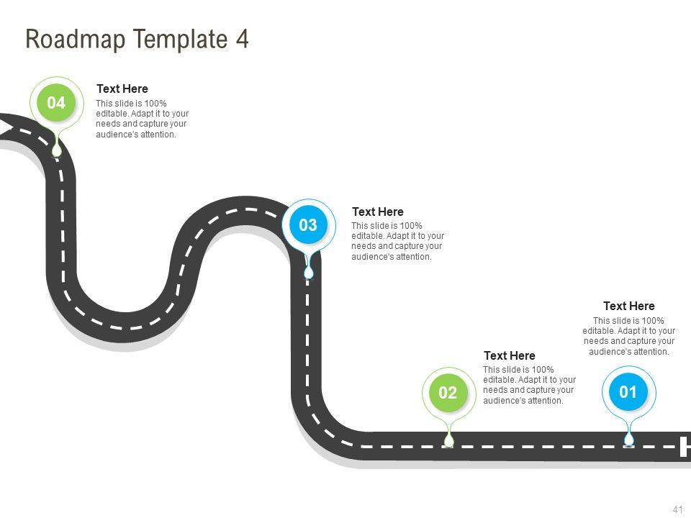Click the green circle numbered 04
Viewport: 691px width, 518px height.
point(56,104)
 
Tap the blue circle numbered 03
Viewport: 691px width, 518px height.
point(308,225)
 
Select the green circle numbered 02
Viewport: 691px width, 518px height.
point(448,393)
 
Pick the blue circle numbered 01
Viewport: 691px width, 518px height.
point(628,392)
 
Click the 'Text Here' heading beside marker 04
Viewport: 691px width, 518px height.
point(122,89)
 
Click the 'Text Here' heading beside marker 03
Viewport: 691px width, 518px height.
point(377,212)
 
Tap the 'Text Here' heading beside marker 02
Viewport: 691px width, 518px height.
point(509,356)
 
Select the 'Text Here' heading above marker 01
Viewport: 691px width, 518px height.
point(628,306)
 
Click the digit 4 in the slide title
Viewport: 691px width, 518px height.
point(243,39)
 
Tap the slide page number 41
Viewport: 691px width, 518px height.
point(677,509)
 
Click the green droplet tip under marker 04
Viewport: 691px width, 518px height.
point(57,150)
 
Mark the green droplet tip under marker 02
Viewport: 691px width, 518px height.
point(448,440)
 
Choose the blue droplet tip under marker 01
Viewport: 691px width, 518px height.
point(629,440)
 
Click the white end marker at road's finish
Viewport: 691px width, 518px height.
point(685,446)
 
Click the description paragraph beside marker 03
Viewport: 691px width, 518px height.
point(397,241)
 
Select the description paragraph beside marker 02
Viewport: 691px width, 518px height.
point(529,385)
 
